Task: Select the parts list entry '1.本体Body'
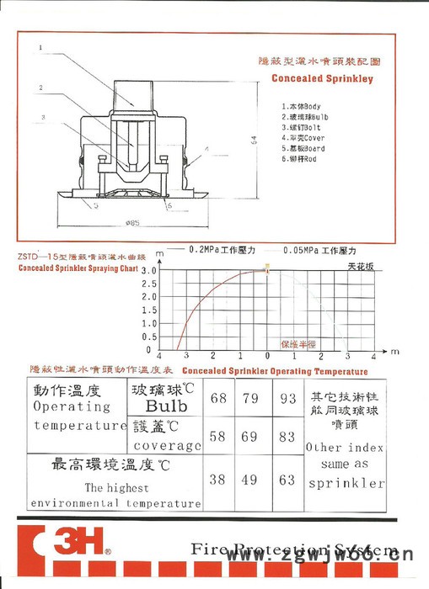301,107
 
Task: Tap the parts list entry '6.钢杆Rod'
301,159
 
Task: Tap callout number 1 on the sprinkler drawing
40,48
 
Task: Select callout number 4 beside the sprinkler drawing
205,148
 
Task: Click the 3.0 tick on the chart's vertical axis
149,271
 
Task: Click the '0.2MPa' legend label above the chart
221,250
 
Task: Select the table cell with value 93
287,395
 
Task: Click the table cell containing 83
287,437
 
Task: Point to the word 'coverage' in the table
165,446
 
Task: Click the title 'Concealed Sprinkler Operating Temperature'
275,371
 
